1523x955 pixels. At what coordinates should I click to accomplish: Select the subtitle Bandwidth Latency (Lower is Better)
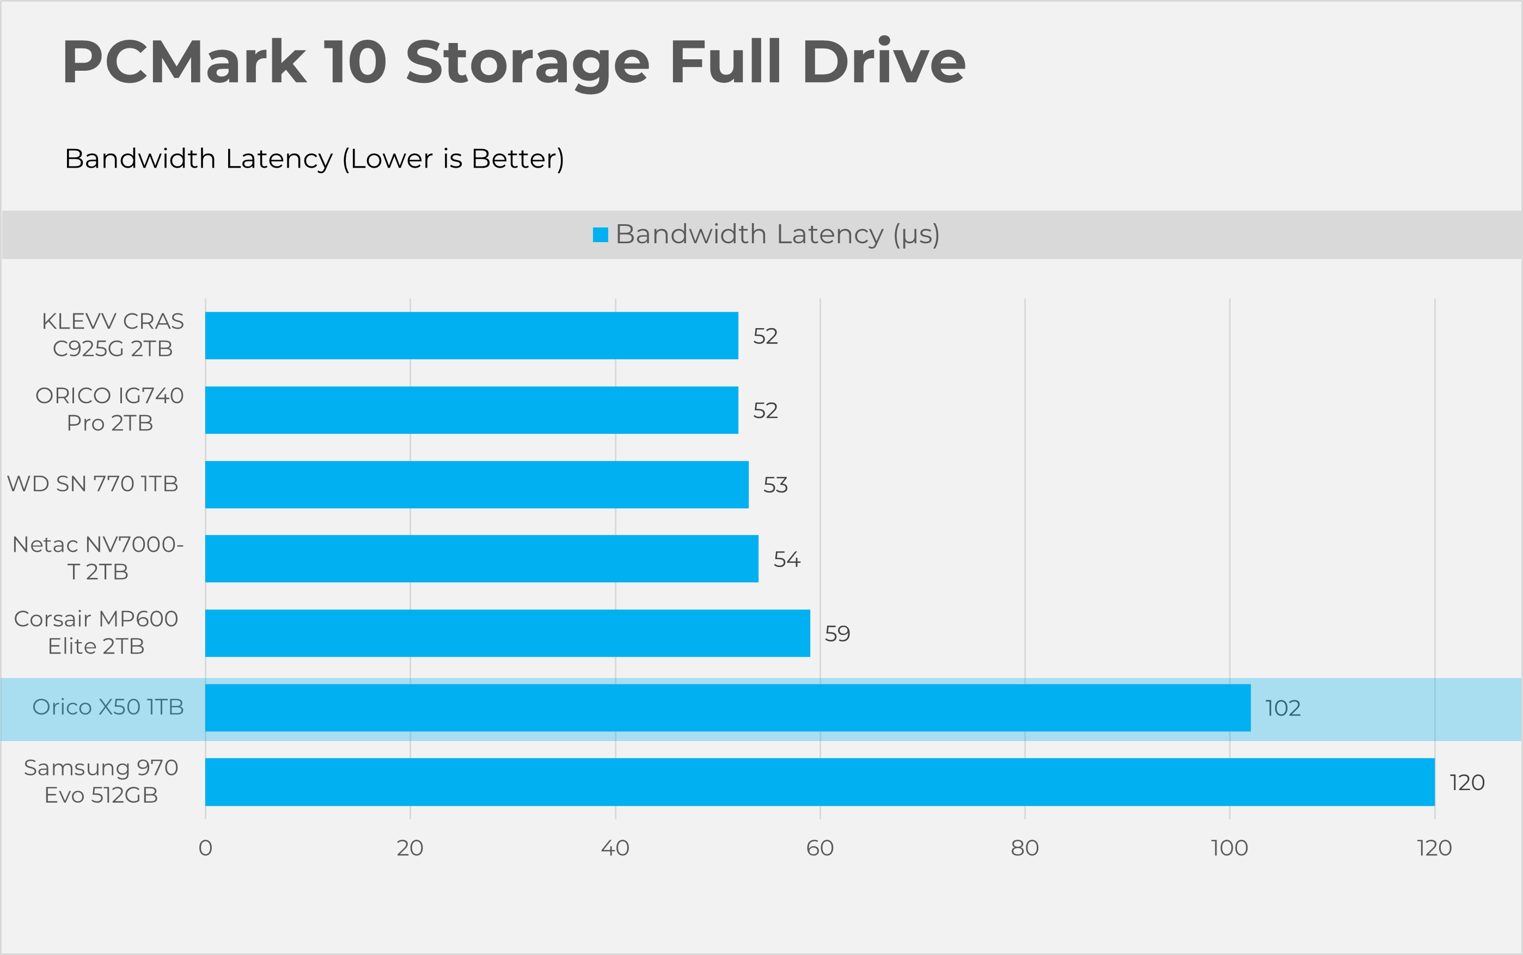[314, 158]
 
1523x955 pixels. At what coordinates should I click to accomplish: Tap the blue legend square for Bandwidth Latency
[600, 235]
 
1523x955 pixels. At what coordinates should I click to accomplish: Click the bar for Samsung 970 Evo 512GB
[819, 782]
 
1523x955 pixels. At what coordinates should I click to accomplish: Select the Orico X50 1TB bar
[727, 707]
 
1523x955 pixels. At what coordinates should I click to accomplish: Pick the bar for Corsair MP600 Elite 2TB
[507, 633]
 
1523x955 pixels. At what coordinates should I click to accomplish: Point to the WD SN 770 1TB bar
[476, 484]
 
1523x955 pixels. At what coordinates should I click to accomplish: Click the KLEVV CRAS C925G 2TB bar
[472, 335]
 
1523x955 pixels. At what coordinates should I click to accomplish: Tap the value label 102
[1282, 708]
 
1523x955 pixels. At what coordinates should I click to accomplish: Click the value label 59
[837, 633]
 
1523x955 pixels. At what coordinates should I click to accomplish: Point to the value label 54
[787, 559]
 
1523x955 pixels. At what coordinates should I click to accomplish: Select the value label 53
[775, 485]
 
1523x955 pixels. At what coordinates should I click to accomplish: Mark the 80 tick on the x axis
[1024, 848]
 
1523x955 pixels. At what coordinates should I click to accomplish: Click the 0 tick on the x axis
[205, 848]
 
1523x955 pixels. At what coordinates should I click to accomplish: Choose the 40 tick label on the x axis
[615, 848]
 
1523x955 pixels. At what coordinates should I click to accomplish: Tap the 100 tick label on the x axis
[1229, 848]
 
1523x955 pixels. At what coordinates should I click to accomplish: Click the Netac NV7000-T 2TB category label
[98, 558]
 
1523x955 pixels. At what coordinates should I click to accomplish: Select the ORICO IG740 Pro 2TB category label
[109, 409]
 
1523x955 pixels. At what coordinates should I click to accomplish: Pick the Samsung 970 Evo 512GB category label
[101, 781]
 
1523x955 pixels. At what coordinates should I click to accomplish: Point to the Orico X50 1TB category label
[108, 707]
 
